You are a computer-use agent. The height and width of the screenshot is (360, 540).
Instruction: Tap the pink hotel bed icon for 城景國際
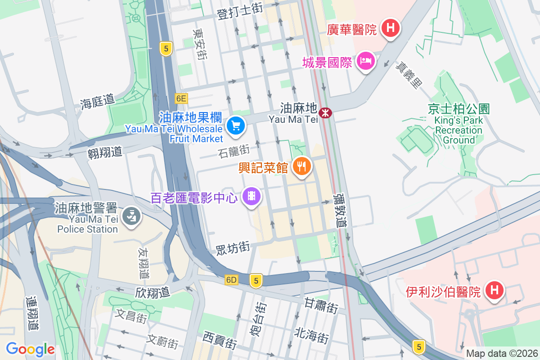(x=365, y=61)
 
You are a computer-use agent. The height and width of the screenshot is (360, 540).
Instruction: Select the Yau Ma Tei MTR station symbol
(x=324, y=112)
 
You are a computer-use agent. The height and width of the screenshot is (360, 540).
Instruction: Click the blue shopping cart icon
(x=235, y=126)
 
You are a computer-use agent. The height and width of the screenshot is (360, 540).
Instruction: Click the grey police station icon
(x=132, y=217)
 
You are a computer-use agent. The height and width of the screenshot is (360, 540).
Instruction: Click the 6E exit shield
(x=181, y=98)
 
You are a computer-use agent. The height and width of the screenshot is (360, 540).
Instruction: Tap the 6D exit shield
(x=231, y=280)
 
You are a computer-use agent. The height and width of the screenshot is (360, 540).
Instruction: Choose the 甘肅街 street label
(x=321, y=306)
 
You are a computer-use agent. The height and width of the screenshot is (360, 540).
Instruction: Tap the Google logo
(x=30, y=349)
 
